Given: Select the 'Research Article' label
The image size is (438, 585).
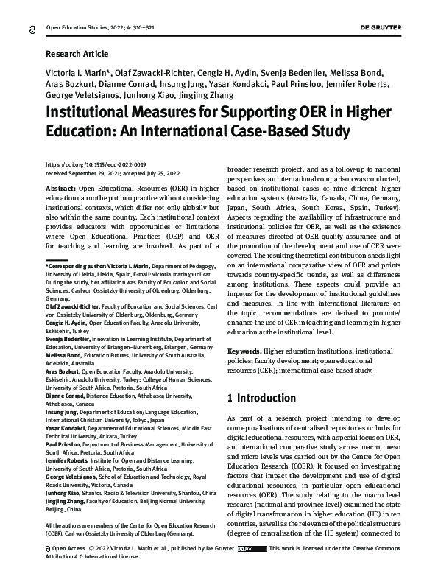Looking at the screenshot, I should (77, 54).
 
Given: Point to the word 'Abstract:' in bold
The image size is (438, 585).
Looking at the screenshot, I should (61, 189).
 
